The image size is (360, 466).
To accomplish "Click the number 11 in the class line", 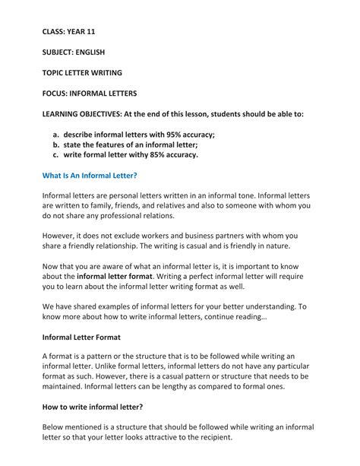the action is click(90, 32).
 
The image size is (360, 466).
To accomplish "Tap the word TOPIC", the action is click(55, 73).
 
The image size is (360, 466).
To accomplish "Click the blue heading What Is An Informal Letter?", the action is click(90, 176).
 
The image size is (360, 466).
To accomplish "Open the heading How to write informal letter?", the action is click(93, 407).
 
